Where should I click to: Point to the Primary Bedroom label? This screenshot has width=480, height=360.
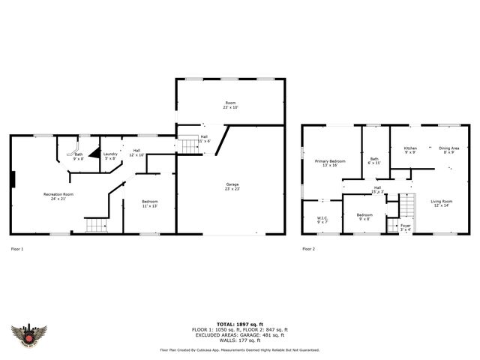pyautogui.click(x=330, y=163)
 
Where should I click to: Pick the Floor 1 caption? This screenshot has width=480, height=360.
pyautogui.click(x=17, y=248)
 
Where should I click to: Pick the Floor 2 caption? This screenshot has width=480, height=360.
pyautogui.click(x=309, y=248)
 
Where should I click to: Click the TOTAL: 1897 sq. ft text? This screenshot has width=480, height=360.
pyautogui.click(x=239, y=324)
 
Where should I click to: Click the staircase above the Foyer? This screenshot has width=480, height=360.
pyautogui.click(x=406, y=204)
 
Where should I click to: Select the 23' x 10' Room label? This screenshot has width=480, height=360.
pyautogui.click(x=230, y=105)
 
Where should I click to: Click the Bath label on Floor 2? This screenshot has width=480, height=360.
pyautogui.click(x=374, y=160)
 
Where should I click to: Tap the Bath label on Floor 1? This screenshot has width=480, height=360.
pyautogui.click(x=78, y=156)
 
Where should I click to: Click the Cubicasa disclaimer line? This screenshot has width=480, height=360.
pyautogui.click(x=239, y=349)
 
